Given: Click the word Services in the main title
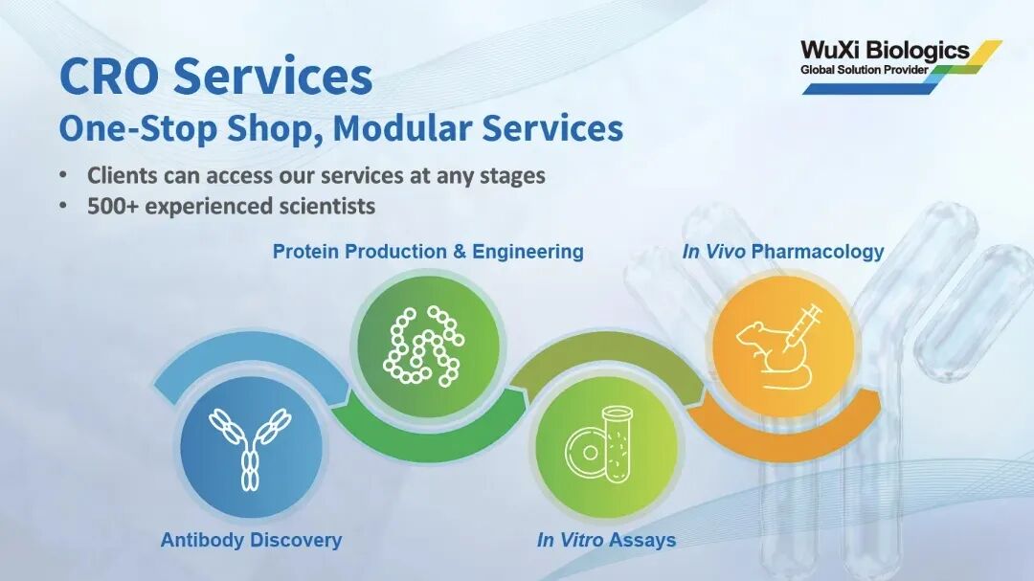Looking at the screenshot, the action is [x=273, y=77].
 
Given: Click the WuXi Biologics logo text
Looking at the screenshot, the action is [x=885, y=50].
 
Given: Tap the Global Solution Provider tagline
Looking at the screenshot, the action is [x=864, y=70].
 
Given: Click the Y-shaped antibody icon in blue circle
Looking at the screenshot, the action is [x=251, y=449].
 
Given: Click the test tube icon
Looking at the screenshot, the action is [x=618, y=444].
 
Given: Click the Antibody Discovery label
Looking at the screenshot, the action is [x=251, y=540].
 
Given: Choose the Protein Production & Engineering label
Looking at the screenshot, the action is [x=428, y=252].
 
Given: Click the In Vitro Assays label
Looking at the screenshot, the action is [x=607, y=540].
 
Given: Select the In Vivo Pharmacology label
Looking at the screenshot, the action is [x=783, y=252].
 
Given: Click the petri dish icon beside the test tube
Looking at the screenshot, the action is [x=585, y=453].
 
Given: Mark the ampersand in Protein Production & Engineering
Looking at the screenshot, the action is [x=460, y=252].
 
